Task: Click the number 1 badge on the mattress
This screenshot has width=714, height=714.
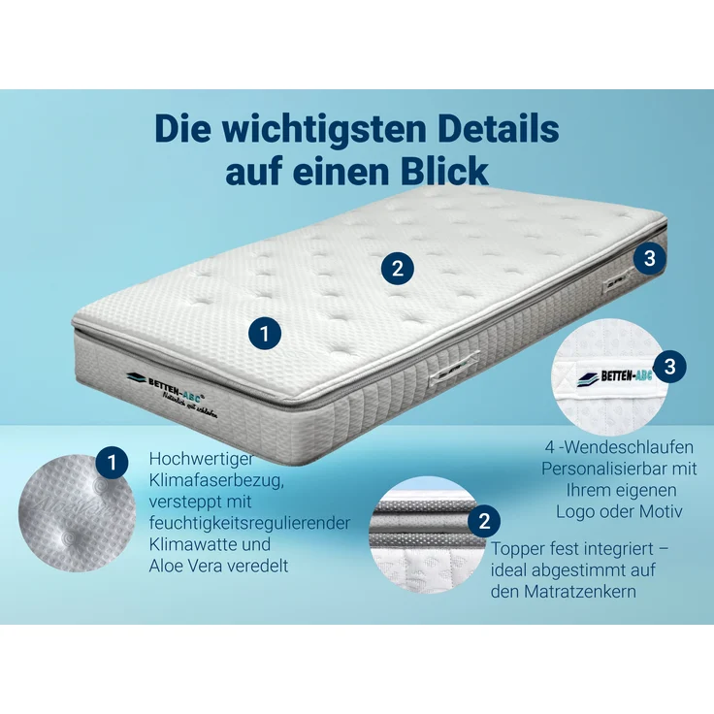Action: (265, 334)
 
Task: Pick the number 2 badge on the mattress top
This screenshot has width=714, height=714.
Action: (397, 268)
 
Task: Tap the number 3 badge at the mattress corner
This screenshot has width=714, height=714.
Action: (650, 258)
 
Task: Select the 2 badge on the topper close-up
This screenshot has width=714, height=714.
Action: (483, 521)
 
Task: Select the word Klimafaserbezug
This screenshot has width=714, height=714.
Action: (213, 480)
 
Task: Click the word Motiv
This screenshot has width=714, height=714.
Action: (661, 511)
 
